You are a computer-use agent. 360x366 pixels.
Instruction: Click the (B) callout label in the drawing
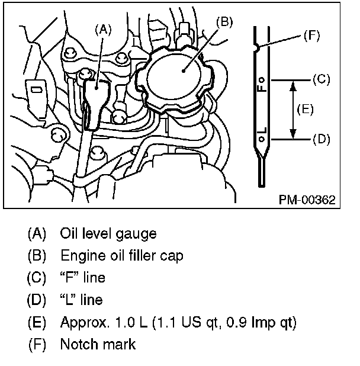[224, 23]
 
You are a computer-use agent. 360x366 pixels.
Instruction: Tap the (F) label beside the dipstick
[311, 36]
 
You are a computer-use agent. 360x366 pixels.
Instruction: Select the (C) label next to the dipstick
[320, 79]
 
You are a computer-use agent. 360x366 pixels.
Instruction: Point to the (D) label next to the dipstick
[320, 139]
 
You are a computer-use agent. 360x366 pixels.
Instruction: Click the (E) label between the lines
[306, 110]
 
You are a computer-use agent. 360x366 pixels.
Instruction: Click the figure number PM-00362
[307, 200]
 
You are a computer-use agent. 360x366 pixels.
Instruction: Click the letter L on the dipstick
[262, 130]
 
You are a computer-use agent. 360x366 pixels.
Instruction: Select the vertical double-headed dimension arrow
[292, 110]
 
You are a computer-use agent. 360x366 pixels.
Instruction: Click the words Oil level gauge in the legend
[108, 233]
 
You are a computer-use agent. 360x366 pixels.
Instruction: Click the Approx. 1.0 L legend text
[178, 322]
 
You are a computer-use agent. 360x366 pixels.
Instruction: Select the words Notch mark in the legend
[98, 344]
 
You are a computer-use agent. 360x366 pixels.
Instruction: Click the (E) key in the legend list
[37, 322]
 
